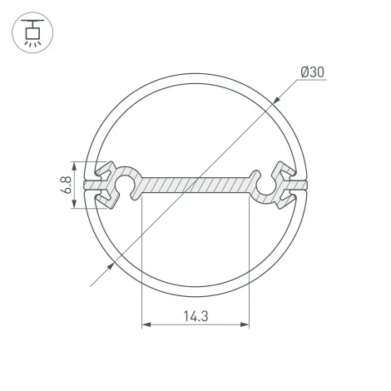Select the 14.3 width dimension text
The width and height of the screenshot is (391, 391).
point(195,315)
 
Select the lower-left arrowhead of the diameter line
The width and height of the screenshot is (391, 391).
point(111,265)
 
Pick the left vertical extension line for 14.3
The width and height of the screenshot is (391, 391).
point(143,266)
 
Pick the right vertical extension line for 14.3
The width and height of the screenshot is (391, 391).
point(249,266)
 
